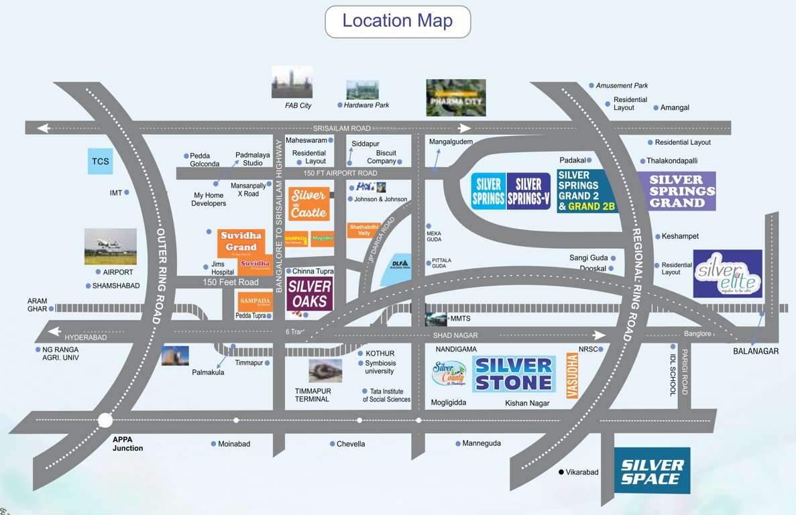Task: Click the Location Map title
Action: click(x=397, y=21)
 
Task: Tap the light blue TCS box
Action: click(x=101, y=161)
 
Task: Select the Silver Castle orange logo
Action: click(x=308, y=204)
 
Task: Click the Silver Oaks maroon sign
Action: click(x=309, y=294)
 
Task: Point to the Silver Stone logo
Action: click(x=514, y=374)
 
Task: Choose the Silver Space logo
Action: click(x=652, y=471)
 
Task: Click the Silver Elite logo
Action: click(x=728, y=274)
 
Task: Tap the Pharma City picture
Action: click(x=455, y=97)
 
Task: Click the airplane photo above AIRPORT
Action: click(x=111, y=246)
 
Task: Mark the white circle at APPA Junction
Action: click(x=105, y=420)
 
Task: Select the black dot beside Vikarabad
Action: click(x=561, y=472)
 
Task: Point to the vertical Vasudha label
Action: click(x=572, y=377)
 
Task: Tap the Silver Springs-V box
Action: click(x=528, y=191)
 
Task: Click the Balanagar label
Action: click(x=756, y=351)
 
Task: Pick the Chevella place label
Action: click(x=351, y=444)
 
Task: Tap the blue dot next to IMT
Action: click(x=126, y=192)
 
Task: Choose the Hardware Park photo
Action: click(x=362, y=90)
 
